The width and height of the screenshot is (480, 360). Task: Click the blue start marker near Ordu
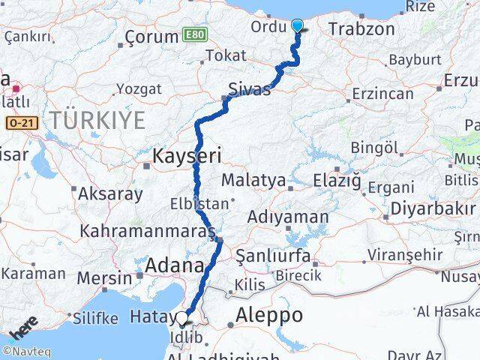pyautogui.click(x=298, y=26)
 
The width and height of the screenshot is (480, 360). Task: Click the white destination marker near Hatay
pyautogui.click(x=182, y=318)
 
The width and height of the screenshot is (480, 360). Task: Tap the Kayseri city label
pyautogui.click(x=187, y=156)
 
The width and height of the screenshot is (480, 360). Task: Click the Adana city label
pyautogui.click(x=174, y=265)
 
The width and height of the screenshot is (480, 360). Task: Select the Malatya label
pyautogui.click(x=253, y=181)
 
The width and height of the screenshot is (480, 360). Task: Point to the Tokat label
pyautogui.click(x=226, y=55)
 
